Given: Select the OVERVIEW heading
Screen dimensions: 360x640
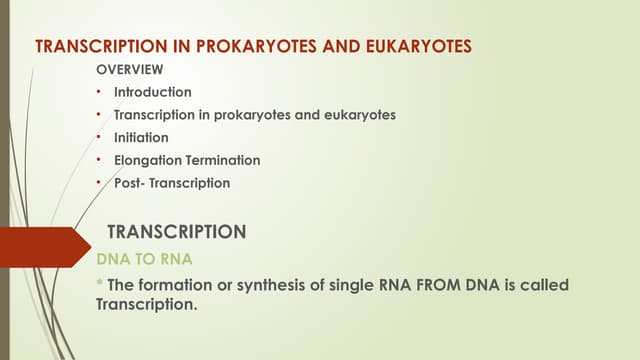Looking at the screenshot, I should pyautogui.click(x=129, y=71).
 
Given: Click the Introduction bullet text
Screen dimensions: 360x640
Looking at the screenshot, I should pyautogui.click(x=152, y=92).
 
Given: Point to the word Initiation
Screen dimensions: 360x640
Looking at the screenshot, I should pyautogui.click(x=141, y=137).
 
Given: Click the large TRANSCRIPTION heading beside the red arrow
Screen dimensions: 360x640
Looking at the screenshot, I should pyautogui.click(x=176, y=232).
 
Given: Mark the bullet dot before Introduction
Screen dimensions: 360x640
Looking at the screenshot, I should pyautogui.click(x=99, y=92).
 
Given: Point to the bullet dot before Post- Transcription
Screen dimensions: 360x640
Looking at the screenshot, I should pyautogui.click(x=99, y=183).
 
